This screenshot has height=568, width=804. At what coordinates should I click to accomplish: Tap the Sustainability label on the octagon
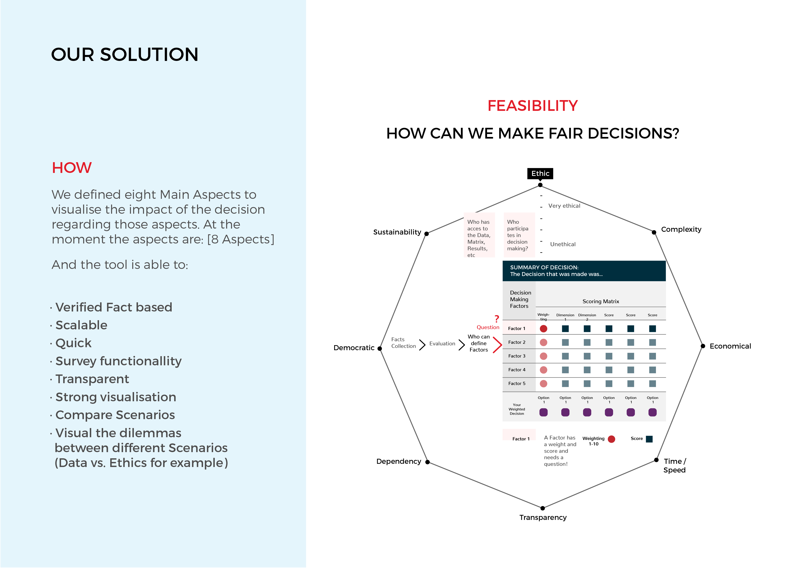coord(397,232)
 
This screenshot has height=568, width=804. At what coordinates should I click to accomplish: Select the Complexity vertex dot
coord(654,232)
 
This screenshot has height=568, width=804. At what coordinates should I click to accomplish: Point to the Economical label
coord(730,346)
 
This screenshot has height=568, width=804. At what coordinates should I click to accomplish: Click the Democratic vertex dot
coord(380,349)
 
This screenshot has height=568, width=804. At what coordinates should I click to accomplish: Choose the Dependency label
coord(399,461)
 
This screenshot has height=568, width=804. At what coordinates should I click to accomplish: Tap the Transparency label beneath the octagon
coord(543,517)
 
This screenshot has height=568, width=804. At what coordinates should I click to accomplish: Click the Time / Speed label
coord(675,465)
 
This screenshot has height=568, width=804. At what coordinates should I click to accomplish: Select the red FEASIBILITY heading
coord(533,106)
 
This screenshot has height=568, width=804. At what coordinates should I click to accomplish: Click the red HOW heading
coord(72,168)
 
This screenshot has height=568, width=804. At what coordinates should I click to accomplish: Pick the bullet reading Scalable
coord(81,325)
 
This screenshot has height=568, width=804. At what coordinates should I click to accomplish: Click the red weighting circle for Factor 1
coord(543,329)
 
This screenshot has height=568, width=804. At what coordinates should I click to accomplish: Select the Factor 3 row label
coord(517,356)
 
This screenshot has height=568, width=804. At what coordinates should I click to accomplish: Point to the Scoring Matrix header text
coord(600,301)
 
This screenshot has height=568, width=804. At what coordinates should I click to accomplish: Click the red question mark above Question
coord(497,319)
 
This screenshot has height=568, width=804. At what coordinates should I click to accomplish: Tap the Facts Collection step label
coord(403,343)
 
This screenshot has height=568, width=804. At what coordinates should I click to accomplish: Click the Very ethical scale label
coord(564,206)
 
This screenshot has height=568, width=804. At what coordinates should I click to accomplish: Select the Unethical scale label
coord(563,244)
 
